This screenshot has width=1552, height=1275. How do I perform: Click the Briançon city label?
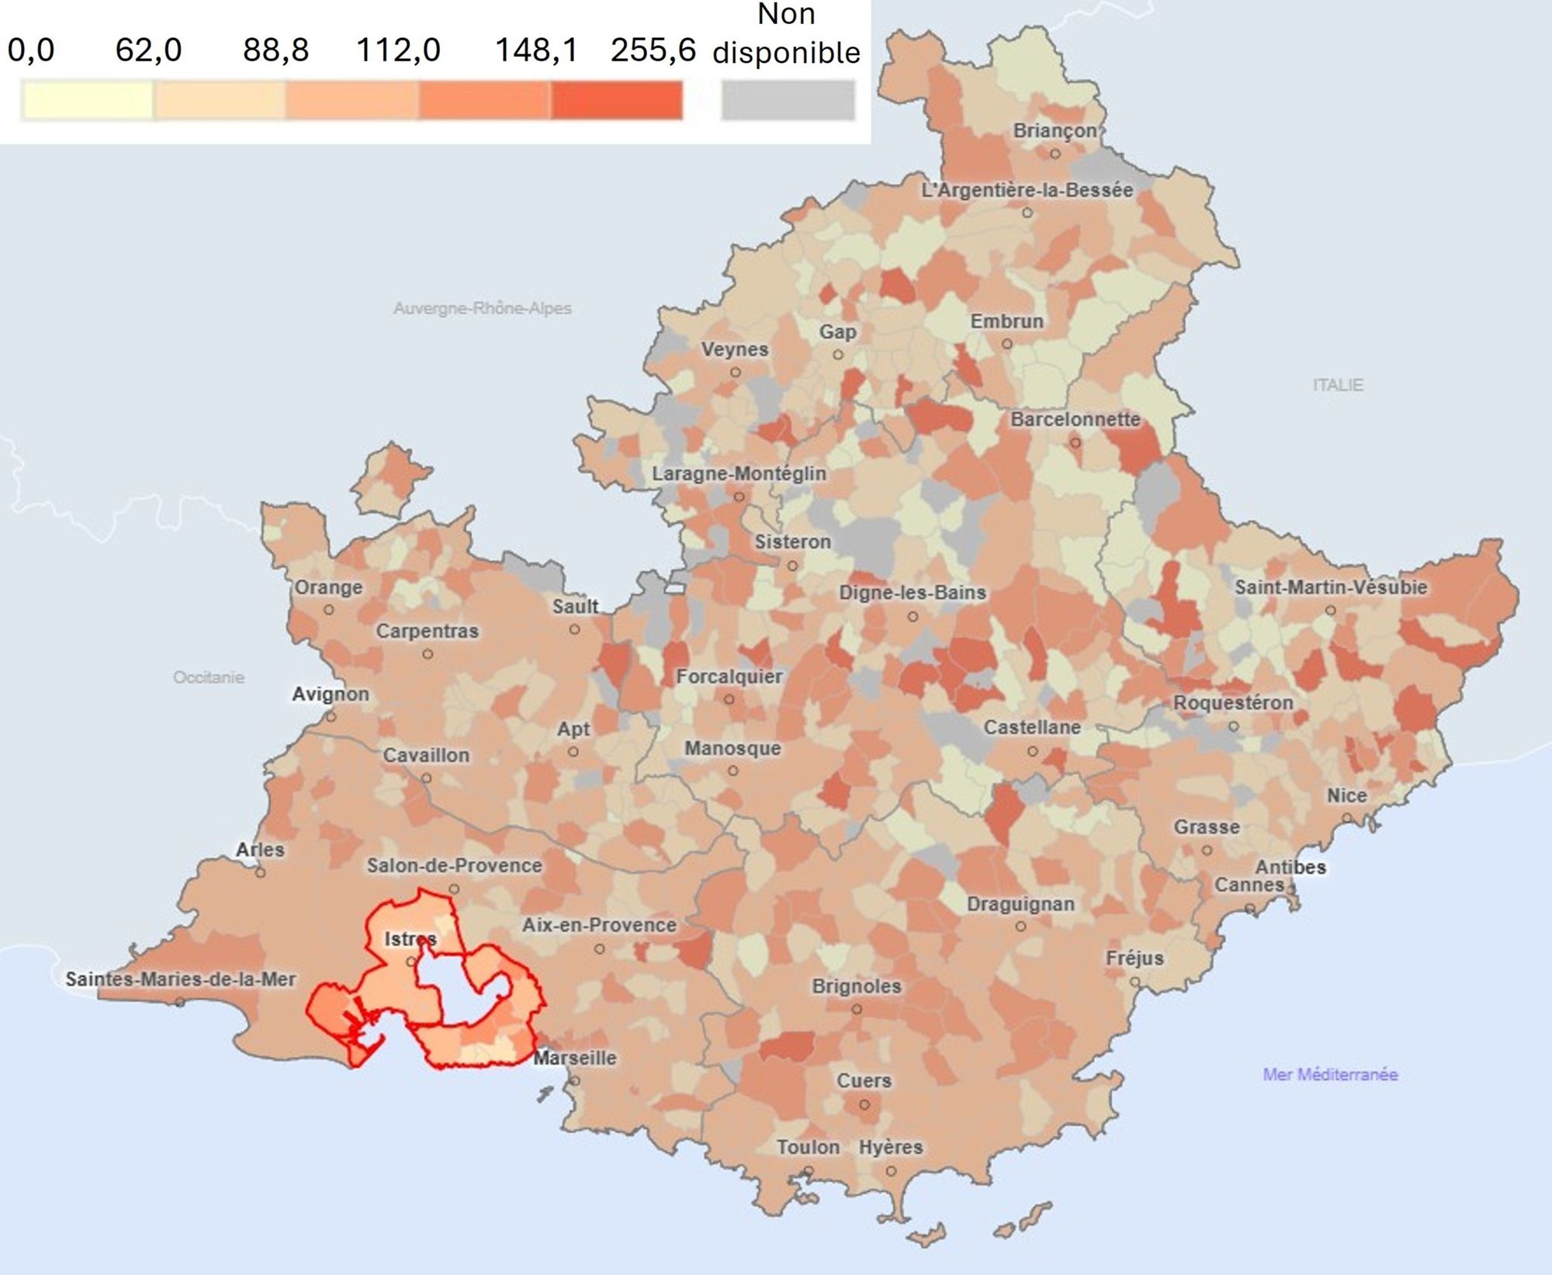click(1055, 130)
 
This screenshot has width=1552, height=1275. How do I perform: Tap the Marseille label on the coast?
click(575, 1058)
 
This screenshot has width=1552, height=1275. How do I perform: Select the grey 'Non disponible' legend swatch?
click(787, 102)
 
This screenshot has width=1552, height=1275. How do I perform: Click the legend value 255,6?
click(653, 50)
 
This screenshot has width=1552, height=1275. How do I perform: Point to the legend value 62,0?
click(148, 50)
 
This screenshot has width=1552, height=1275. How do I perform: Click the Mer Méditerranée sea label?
click(1330, 1074)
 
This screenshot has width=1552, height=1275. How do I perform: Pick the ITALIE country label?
click(1338, 385)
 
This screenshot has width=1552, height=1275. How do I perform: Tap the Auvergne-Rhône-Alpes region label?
click(482, 308)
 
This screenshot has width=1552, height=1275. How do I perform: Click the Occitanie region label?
click(209, 677)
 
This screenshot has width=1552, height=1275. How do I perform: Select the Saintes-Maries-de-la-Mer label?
click(180, 979)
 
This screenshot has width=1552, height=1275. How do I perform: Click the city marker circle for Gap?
click(838, 355)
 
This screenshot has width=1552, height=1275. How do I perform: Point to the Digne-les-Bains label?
click(912, 593)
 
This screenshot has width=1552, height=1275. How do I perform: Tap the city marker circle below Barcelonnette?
click(1075, 443)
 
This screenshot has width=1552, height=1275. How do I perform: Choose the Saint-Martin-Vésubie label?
click(1331, 587)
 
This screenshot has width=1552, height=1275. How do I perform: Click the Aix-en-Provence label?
click(599, 925)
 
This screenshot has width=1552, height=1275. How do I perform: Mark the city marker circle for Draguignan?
click(1021, 927)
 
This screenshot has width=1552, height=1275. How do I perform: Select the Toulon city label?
click(809, 1147)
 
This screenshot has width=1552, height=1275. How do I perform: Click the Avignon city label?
click(331, 694)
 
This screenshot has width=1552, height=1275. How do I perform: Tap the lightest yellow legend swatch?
click(87, 102)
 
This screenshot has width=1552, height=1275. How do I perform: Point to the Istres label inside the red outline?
click(411, 939)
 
